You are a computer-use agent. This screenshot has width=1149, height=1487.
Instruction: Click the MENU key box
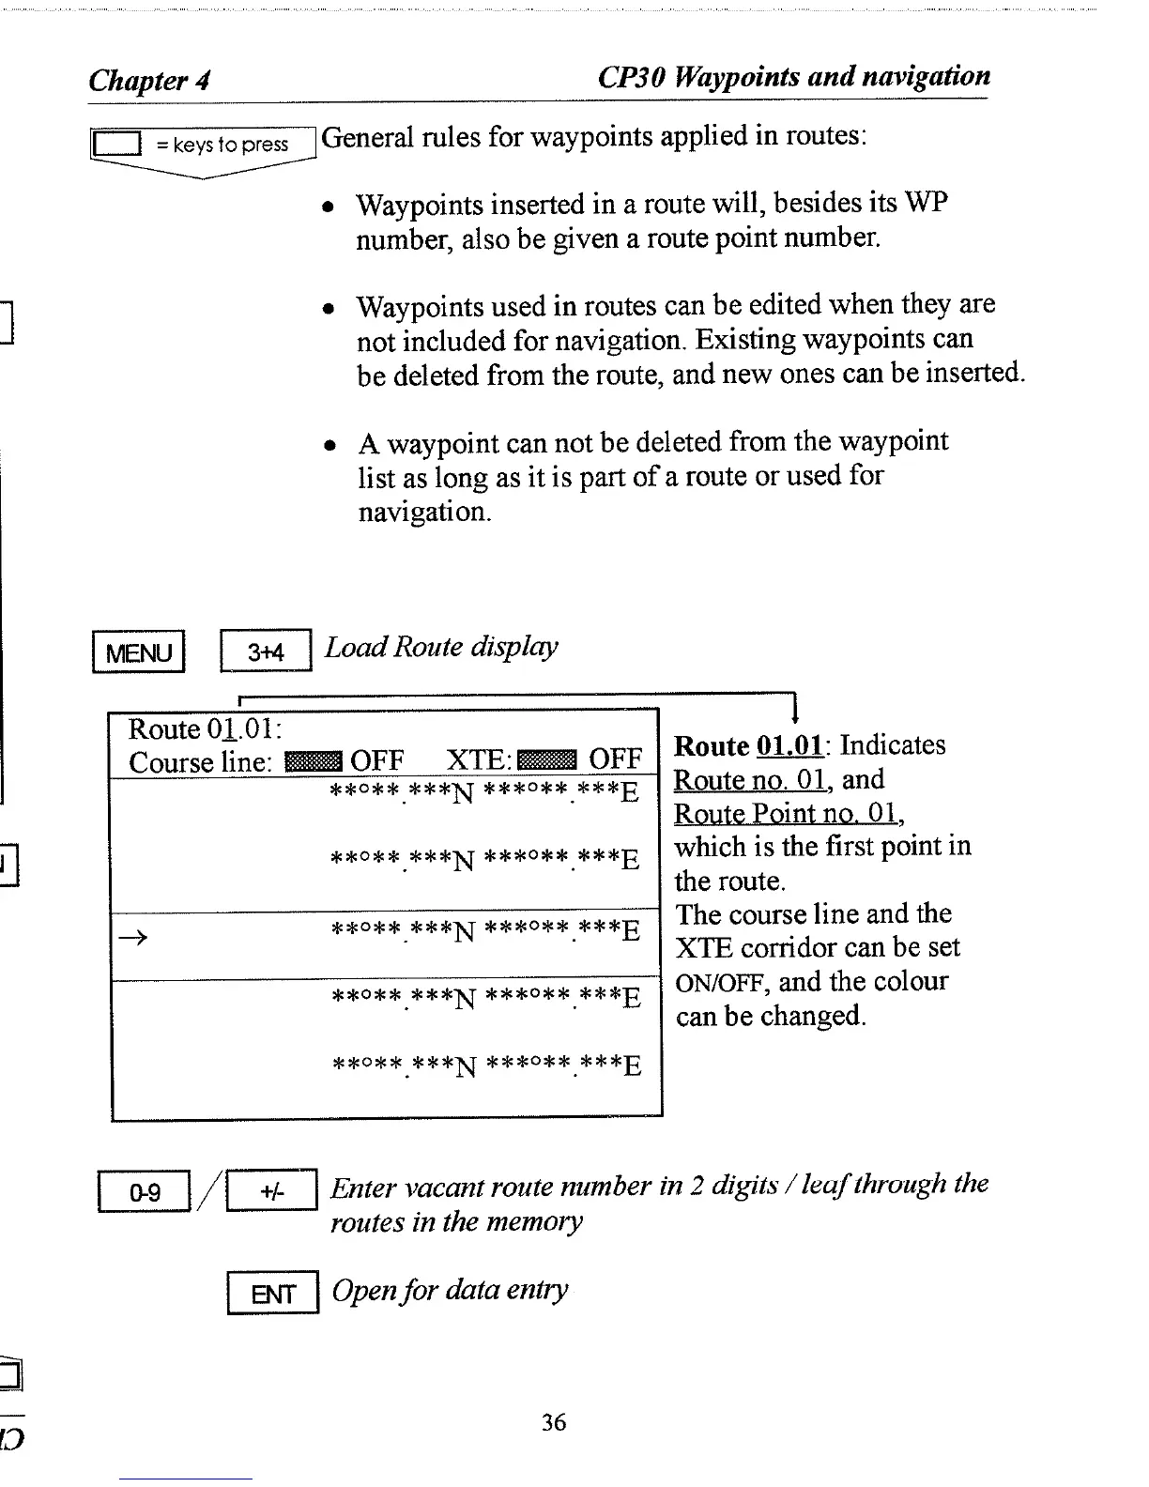pos(139,652)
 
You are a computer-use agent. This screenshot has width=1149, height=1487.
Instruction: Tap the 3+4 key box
pos(266,652)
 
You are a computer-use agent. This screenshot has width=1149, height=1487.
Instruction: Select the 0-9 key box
pos(146,1192)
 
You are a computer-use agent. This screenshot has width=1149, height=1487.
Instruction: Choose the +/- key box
pos(273,1192)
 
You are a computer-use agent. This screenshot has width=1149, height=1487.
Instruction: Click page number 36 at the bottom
pos(554,1422)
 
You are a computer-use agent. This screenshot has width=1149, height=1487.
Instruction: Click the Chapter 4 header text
pos(149,81)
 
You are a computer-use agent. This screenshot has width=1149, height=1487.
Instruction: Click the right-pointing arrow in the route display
pos(134,936)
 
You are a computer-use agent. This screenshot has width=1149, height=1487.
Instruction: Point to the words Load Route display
pos(441,647)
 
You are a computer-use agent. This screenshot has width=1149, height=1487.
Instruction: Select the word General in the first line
pos(368,137)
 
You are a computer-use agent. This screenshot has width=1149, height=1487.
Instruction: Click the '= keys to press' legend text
pos(222,145)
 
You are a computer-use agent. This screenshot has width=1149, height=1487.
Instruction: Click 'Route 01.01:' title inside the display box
pos(206,729)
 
